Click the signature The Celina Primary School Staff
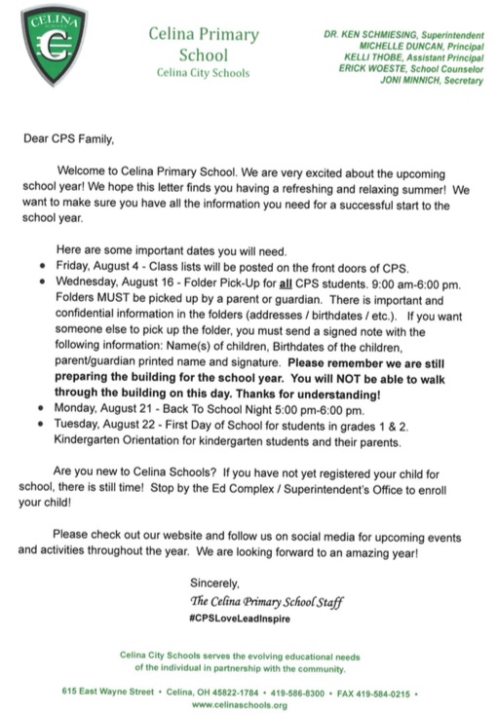pos(267,601)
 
